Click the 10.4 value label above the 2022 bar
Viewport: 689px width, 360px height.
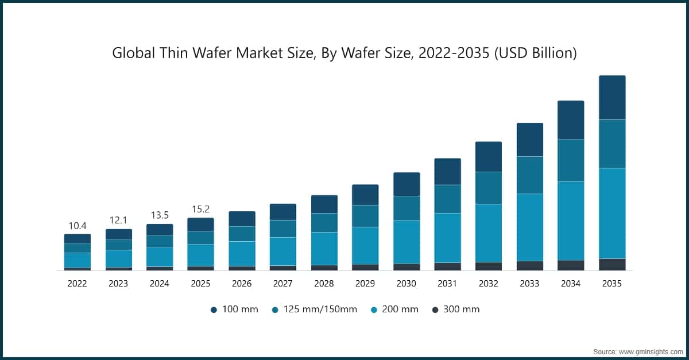click(x=78, y=226)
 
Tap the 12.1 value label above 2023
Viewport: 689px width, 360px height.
click(x=118, y=220)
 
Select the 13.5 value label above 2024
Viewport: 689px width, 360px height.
click(x=160, y=215)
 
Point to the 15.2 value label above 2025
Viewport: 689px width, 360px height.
click(x=200, y=209)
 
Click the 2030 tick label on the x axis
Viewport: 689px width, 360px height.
click(x=406, y=284)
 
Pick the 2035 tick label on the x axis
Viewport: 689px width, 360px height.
click(x=611, y=284)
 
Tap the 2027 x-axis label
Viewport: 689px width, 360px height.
click(x=282, y=284)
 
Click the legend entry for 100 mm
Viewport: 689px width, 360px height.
click(x=234, y=309)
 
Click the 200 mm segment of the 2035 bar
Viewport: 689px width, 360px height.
click(x=612, y=213)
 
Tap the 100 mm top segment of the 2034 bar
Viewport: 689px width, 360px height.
click(x=571, y=120)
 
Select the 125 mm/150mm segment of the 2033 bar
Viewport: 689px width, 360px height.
click(x=529, y=175)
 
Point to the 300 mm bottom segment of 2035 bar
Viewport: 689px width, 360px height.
click(x=612, y=265)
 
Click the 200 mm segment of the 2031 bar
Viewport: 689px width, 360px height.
click(x=447, y=238)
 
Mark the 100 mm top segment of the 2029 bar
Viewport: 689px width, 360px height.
click(x=365, y=195)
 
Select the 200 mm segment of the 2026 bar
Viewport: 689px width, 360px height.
click(x=242, y=254)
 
